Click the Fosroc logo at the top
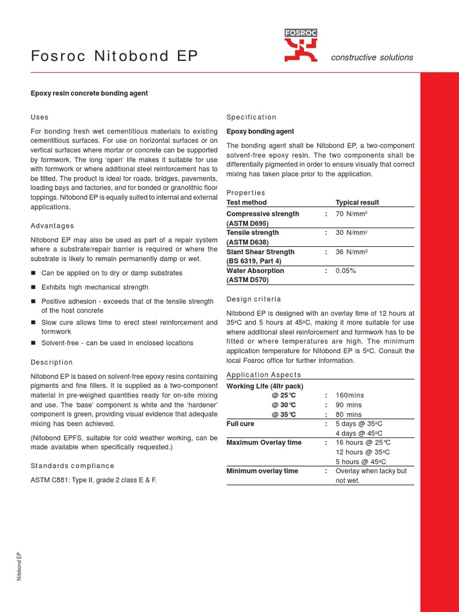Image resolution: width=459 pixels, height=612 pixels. pyautogui.click(x=301, y=46)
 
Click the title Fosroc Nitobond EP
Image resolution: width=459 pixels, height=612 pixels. pyautogui.click(x=114, y=57)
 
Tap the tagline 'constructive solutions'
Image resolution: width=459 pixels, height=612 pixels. pyautogui.click(x=372, y=57)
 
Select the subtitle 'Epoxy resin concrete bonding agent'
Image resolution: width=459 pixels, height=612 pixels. pyautogui.click(x=89, y=93)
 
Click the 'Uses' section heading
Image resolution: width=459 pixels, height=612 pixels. pyautogui.click(x=39, y=117)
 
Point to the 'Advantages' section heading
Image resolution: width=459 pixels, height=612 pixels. pyautogui.click(x=53, y=226)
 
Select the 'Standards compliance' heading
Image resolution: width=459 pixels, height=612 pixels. pyautogui.click(x=72, y=466)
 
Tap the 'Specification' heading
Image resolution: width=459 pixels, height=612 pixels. pyautogui.click(x=252, y=117)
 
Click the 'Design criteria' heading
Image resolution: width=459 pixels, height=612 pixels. pyautogui.click(x=254, y=299)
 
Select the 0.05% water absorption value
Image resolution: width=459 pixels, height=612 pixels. pyautogui.click(x=345, y=271)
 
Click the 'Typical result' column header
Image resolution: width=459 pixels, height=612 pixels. pyautogui.click(x=357, y=203)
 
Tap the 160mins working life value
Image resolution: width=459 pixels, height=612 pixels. pyautogui.click(x=350, y=396)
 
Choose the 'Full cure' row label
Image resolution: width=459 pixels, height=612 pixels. pyautogui.click(x=241, y=424)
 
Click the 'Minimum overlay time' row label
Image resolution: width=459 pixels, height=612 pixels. pyautogui.click(x=262, y=471)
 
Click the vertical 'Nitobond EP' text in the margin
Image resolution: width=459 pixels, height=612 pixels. pyautogui.click(x=19, y=567)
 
